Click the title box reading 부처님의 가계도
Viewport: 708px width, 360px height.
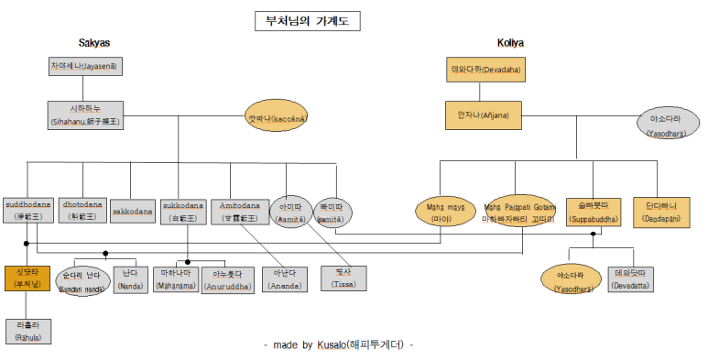coord(308,21)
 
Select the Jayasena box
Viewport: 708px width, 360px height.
coord(84,67)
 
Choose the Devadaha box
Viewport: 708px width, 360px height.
coord(484,69)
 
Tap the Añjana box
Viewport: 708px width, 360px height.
coord(483,115)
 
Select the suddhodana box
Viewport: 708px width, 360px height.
coord(29,210)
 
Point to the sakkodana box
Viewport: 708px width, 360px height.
coord(133,212)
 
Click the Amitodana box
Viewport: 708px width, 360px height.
coord(241,211)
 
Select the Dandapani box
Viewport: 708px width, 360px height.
coord(661,212)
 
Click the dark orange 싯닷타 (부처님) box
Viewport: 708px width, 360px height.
coord(27,278)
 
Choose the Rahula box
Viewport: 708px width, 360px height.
coord(28,331)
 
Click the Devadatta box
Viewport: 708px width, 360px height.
coord(631,279)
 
